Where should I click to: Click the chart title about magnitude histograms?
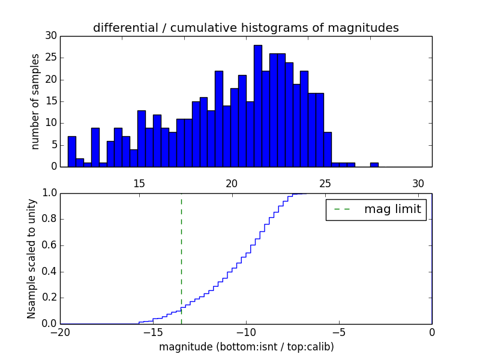[x=245, y=28]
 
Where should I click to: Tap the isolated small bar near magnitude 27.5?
[x=374, y=164]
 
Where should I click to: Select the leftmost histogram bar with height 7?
[x=72, y=151]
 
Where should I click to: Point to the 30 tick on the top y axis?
[x=50, y=36]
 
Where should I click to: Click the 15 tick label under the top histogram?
[x=139, y=184]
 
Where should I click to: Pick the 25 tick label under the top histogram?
[x=325, y=184]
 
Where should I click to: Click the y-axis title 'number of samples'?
[x=35, y=101]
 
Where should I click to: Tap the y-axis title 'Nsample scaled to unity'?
[x=31, y=259]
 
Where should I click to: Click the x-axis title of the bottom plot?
[x=246, y=347]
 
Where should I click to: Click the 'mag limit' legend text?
[x=392, y=209]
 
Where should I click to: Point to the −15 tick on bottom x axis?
[x=153, y=332]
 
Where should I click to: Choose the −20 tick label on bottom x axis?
[x=60, y=332]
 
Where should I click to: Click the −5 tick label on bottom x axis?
[x=339, y=332]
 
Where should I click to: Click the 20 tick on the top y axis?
[x=50, y=80]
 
